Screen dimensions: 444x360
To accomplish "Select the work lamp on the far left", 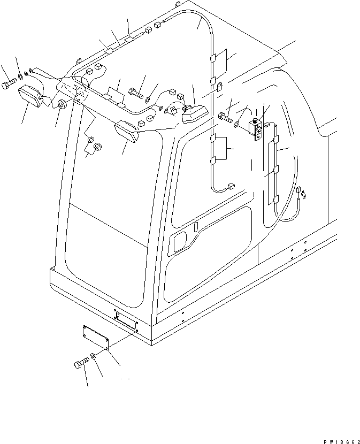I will point(33,98).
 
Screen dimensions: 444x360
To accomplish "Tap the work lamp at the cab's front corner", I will point(127,131).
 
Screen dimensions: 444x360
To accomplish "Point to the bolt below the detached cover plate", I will point(80,366).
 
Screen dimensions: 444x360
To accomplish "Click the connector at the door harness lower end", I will point(231,187).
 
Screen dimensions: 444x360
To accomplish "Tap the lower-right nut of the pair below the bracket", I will point(97,146).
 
